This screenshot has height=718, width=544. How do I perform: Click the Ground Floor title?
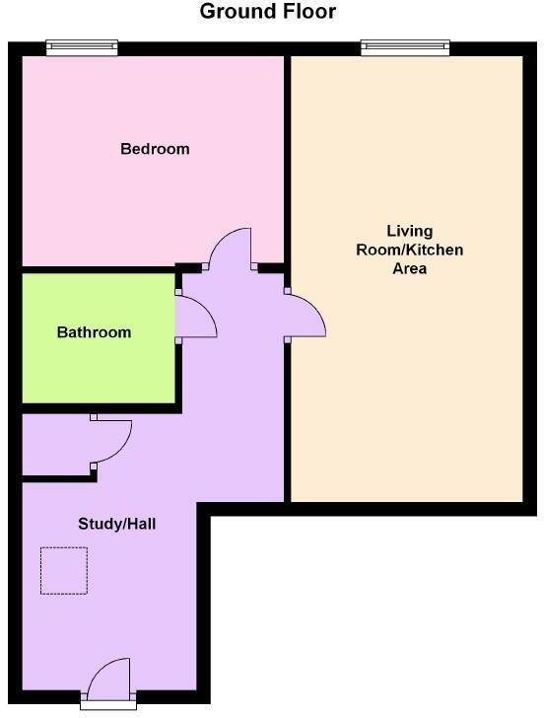coord(268,12)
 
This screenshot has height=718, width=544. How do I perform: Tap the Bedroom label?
coord(155,149)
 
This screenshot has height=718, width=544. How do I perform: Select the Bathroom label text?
coord(94,332)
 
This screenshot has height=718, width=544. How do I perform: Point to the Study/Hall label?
coord(117,524)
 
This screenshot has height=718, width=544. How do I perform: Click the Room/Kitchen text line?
coord(409,250)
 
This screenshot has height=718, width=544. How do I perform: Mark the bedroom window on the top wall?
coord(83,46)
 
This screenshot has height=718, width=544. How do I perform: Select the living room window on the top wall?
coord(405,46)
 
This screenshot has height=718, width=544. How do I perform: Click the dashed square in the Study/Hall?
coord(64,570)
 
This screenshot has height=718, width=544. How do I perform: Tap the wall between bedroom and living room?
coord(287,158)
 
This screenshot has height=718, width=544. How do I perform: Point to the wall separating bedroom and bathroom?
coord(99,268)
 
